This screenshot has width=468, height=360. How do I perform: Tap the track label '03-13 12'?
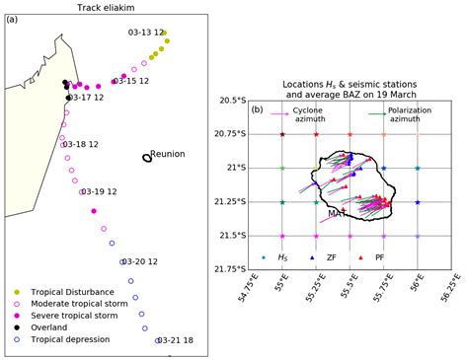[x=146, y=33]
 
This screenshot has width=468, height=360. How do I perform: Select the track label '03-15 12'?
[x=130, y=81]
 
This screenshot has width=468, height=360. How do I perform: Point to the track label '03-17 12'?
[x=85, y=98]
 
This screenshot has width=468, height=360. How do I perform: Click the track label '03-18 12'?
[x=80, y=144]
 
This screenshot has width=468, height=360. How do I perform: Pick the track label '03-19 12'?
[x=99, y=191]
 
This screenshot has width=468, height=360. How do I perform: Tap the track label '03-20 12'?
[x=138, y=261]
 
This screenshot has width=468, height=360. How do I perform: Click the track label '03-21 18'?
[x=175, y=341]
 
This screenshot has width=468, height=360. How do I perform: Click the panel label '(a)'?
[x=13, y=19]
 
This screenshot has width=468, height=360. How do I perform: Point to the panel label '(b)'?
[x=259, y=109]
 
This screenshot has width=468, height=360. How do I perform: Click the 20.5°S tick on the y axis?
[x=230, y=101]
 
